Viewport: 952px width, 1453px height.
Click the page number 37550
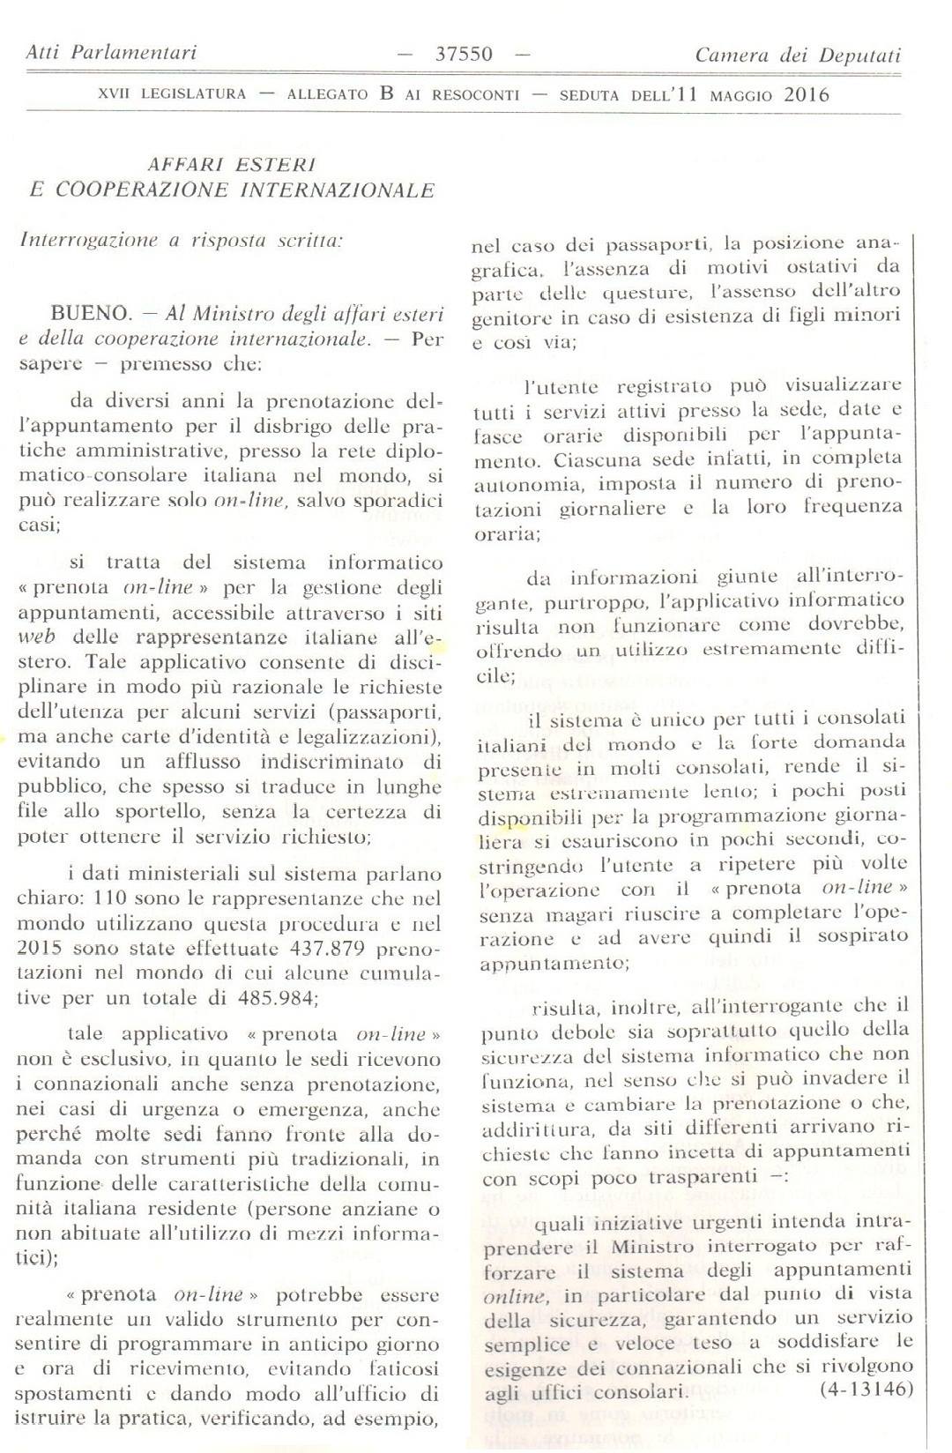464,55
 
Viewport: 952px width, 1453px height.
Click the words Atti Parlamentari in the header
111,53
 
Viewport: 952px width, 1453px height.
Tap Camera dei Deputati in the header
798,56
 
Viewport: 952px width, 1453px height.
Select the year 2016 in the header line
807,95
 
